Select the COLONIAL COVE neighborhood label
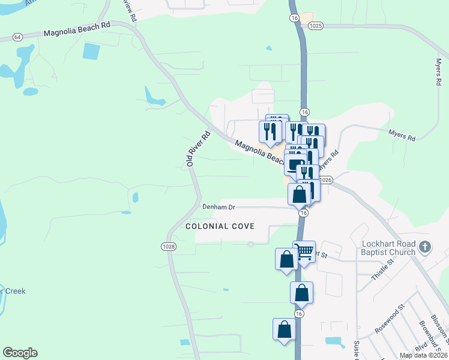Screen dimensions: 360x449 tap(220, 226)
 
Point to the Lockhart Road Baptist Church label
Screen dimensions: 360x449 tap(388, 248)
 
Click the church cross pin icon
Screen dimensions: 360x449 tap(425, 246)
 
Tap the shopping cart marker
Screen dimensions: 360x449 tap(305, 251)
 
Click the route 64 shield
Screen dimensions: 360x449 tap(17, 37)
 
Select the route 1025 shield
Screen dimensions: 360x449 tap(316, 26)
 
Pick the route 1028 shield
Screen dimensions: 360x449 tap(168, 247)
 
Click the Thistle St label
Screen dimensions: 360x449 tap(382, 268)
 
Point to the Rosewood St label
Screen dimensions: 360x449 tap(390, 318)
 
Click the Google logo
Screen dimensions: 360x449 tap(20, 353)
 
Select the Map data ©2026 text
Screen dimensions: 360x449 tap(423, 355)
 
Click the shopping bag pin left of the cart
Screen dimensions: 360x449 tap(286, 259)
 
